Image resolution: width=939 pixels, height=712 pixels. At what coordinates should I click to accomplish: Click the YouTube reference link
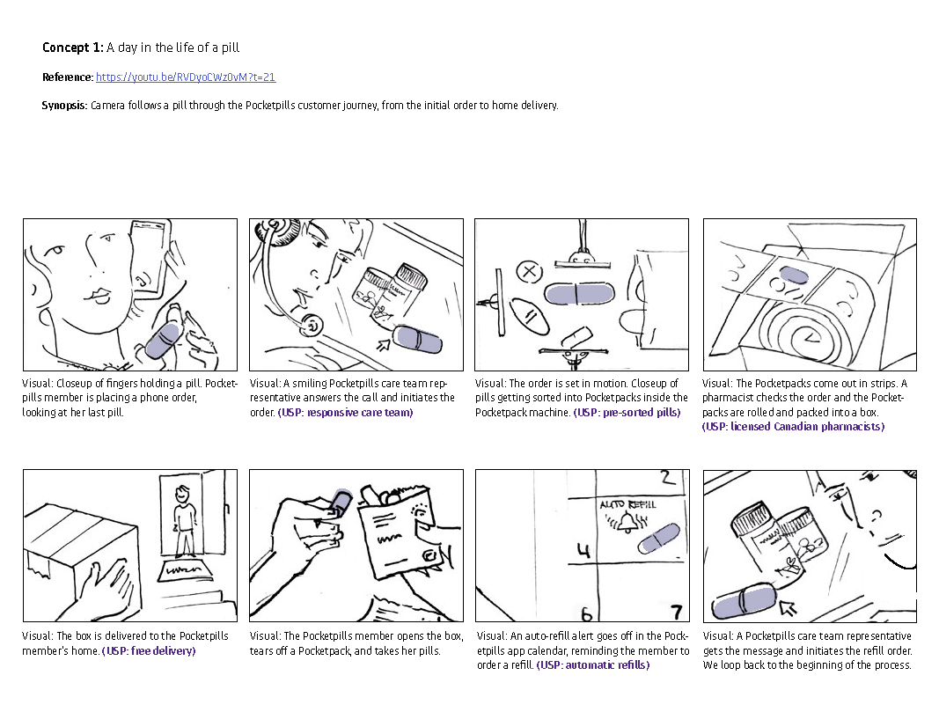click(186, 77)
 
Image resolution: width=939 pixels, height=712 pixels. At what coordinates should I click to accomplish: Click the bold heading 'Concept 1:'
click(73, 48)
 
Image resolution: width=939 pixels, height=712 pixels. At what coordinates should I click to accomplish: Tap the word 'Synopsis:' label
click(64, 106)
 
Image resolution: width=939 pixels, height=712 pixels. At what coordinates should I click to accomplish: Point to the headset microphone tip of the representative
click(312, 325)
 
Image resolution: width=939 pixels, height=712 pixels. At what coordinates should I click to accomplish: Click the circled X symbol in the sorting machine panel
click(529, 272)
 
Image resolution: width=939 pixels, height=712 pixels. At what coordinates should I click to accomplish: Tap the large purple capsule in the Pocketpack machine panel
click(579, 295)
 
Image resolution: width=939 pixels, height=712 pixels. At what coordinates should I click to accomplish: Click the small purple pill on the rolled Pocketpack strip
click(794, 275)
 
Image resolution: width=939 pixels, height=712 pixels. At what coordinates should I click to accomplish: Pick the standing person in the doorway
click(184, 521)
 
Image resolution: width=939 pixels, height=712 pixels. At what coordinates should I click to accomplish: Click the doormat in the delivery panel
click(186, 569)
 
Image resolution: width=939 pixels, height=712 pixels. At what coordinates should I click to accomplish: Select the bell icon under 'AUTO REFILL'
click(627, 523)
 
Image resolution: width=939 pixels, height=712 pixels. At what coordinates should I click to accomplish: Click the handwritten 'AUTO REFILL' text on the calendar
click(627, 505)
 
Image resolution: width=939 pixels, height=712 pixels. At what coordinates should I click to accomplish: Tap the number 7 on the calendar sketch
click(677, 612)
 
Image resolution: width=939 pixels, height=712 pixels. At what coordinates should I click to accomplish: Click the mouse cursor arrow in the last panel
click(789, 608)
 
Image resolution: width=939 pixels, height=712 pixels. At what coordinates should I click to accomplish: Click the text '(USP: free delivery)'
click(149, 651)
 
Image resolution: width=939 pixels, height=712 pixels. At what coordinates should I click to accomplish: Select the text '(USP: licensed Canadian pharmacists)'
click(793, 426)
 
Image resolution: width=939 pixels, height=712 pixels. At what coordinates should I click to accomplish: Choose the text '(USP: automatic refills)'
click(593, 665)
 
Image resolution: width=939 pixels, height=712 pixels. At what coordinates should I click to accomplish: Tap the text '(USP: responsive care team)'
click(345, 413)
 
